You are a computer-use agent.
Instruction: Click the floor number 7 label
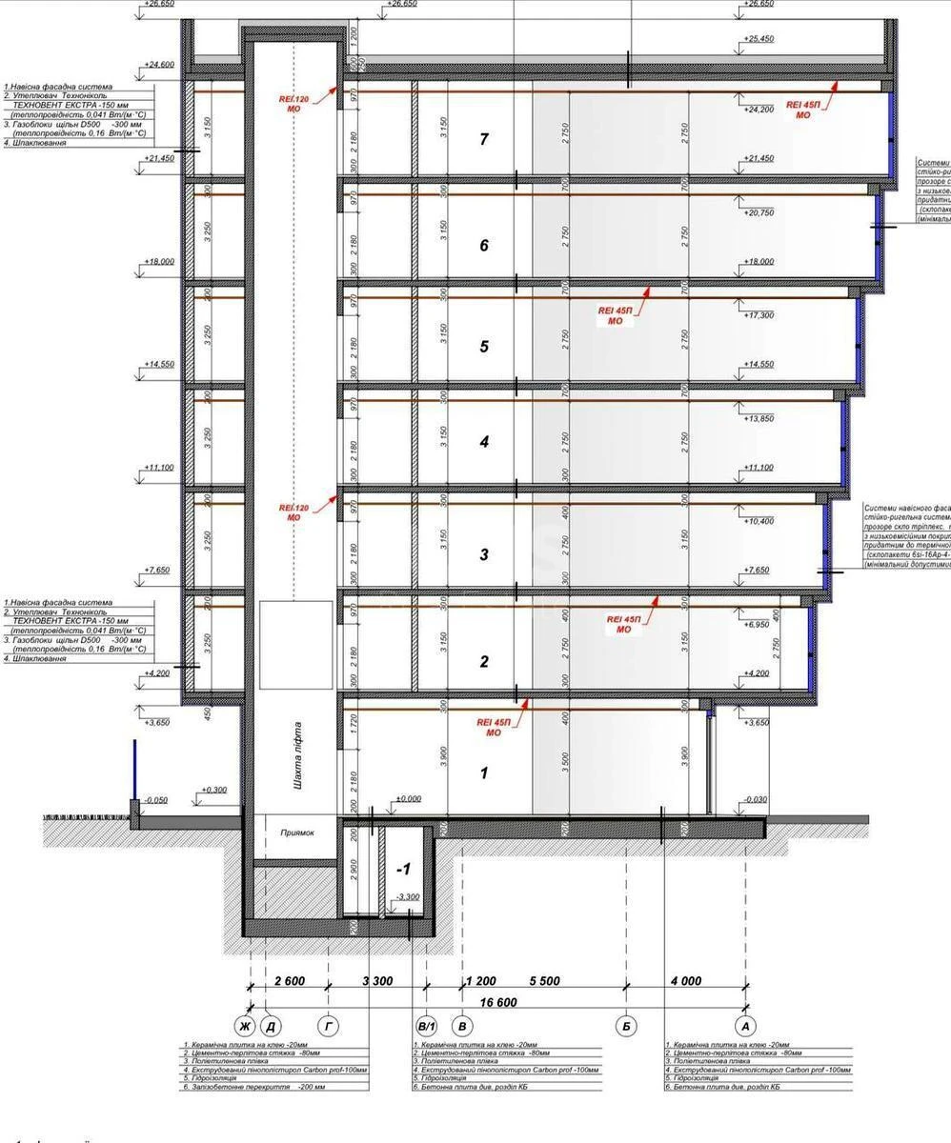[484, 140]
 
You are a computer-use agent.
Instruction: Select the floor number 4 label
[484, 442]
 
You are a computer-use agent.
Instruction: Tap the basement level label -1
[403, 870]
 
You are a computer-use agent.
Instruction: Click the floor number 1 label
[484, 772]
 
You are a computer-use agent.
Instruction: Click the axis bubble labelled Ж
[245, 1026]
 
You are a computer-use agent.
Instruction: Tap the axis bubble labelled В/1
[426, 1026]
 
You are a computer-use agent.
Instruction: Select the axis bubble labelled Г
[329, 1026]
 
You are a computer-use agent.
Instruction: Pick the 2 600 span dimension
[291, 981]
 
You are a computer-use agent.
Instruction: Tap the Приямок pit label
[297, 832]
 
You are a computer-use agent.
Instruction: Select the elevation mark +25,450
[759, 39]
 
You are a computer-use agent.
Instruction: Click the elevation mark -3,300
[410, 897]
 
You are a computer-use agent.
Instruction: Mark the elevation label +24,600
[159, 65]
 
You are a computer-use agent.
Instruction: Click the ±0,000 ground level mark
[408, 798]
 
